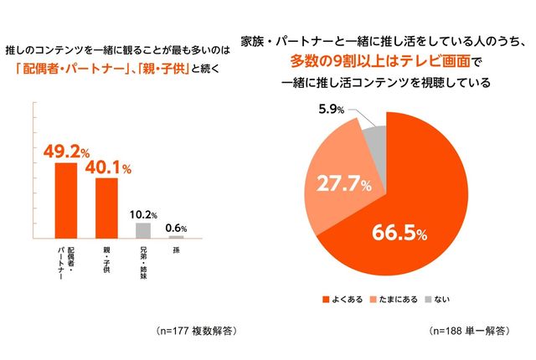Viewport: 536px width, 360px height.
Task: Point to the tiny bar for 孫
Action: point(176,237)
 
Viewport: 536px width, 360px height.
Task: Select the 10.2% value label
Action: point(144,215)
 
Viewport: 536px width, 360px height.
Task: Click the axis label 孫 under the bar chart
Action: point(176,250)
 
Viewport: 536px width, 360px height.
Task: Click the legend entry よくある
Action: point(344,298)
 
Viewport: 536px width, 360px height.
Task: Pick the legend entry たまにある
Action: point(392,298)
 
